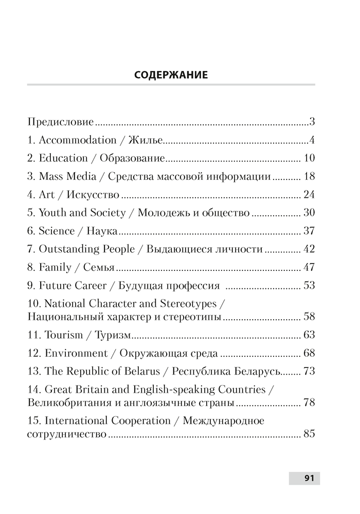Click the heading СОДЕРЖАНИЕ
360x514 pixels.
pyautogui.click(x=171, y=75)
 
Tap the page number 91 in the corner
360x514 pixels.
pyautogui.click(x=309, y=478)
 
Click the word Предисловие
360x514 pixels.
pyautogui.click(x=60, y=122)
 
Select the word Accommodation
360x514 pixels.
pyautogui.click(x=78, y=140)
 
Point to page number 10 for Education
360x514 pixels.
pyautogui.click(x=309, y=158)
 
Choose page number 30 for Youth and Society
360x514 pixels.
pyautogui.click(x=309, y=213)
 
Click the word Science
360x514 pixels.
pyautogui.click(x=57, y=231)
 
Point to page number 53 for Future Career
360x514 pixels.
pyautogui.click(x=309, y=285)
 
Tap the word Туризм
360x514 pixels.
pyautogui.click(x=115, y=335)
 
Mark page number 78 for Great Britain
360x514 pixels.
pyautogui.click(x=309, y=402)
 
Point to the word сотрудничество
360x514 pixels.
pyautogui.click(x=67, y=434)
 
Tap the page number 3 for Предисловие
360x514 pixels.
pyautogui.click(x=312, y=122)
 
